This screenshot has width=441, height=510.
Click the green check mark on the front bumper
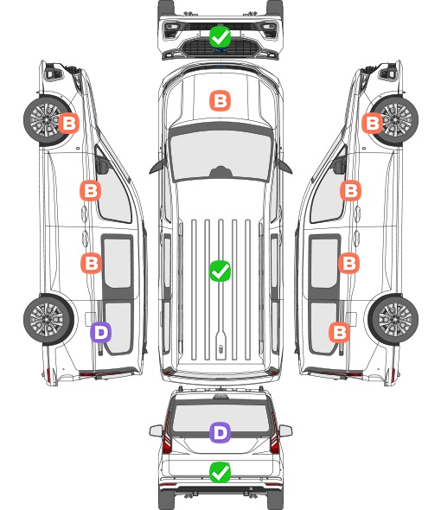(220, 36)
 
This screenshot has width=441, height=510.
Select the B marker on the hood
(220, 100)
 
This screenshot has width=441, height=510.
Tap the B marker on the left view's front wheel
(68, 123)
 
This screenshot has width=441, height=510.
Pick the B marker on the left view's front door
(91, 190)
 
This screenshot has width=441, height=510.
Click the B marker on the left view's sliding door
(91, 263)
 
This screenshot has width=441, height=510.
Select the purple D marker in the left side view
(101, 332)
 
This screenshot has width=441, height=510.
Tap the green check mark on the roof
(220, 271)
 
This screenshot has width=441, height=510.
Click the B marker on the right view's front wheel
(373, 123)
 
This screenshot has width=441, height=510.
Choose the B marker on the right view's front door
(350, 190)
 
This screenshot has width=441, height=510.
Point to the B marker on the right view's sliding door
(348, 263)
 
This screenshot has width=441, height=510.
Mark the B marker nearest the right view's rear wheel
(340, 332)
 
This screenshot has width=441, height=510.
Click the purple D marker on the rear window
(220, 432)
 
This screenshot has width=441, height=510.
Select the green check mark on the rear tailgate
(220, 472)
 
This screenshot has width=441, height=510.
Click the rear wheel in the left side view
(48, 319)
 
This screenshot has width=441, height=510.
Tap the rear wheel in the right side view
(393, 319)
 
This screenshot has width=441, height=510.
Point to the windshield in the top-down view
(220, 156)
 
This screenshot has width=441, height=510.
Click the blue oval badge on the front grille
(220, 50)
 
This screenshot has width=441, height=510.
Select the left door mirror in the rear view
(156, 430)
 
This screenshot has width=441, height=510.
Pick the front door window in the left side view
(113, 193)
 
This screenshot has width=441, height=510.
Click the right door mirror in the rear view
(285, 430)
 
